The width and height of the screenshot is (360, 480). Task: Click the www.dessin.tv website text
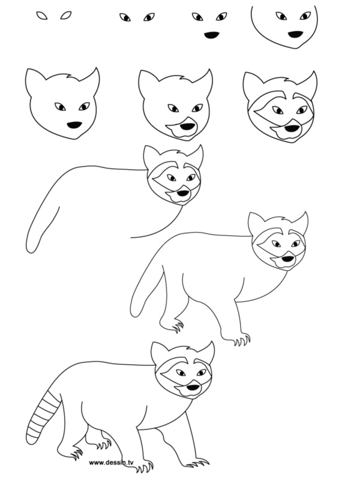[x=115, y=463]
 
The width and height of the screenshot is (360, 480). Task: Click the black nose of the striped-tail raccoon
[x=192, y=389]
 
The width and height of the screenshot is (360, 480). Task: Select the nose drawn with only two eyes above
[x=211, y=35]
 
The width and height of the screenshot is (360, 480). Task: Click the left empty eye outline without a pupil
[x=43, y=16]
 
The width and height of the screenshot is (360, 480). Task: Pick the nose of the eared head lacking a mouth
[x=74, y=125]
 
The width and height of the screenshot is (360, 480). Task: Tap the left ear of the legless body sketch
[x=151, y=155]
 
